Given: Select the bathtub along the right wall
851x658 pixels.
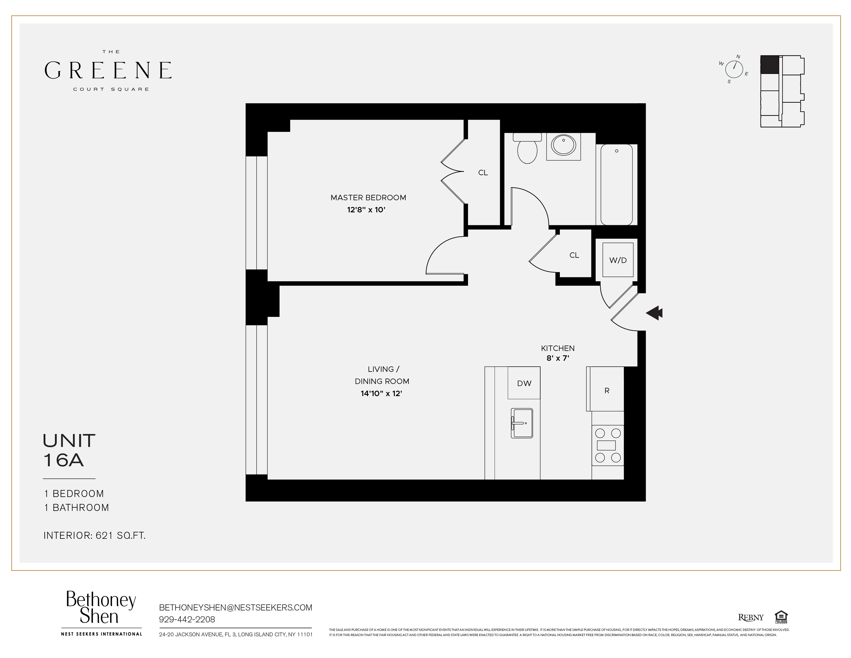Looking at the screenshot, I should [x=616, y=184].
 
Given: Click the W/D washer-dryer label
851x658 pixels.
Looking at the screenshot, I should [x=618, y=260].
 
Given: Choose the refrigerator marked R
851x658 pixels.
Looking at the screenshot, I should [x=607, y=390].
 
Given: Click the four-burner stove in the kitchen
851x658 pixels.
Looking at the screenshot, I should [x=608, y=445].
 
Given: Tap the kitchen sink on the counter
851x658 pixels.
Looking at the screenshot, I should [x=522, y=423].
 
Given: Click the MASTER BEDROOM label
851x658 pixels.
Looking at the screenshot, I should [x=368, y=198].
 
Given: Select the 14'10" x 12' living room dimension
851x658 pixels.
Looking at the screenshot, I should [x=381, y=393].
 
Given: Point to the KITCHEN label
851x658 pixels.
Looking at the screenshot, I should [x=558, y=348].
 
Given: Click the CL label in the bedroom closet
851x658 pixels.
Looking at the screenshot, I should [x=483, y=172].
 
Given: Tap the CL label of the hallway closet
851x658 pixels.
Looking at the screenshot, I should [x=574, y=255].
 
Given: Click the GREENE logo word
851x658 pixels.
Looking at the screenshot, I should [x=108, y=70].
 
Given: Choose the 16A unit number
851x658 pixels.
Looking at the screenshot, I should [x=63, y=460].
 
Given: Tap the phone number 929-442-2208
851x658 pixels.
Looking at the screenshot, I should [x=187, y=619].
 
